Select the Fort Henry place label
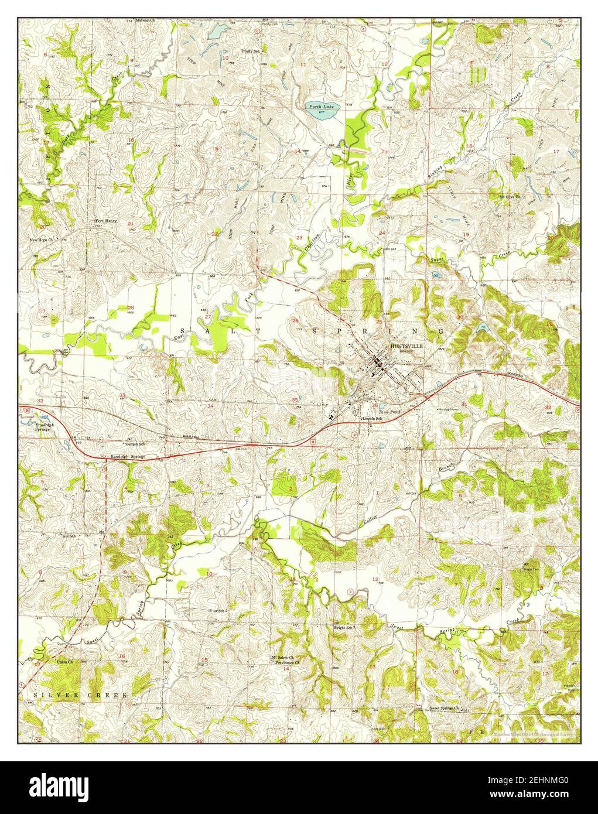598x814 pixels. [107, 221]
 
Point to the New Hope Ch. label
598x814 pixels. [42, 240]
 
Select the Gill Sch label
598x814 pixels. [69, 536]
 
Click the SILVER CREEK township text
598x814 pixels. [80, 695]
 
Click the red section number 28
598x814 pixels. [131, 307]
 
